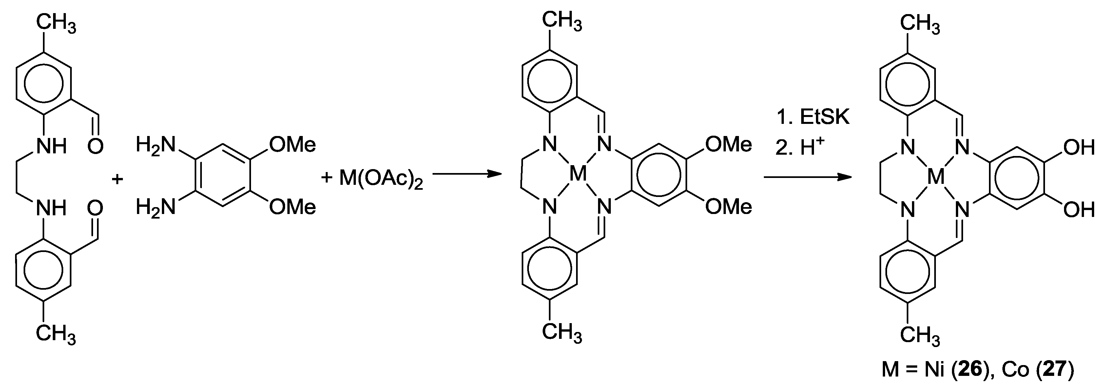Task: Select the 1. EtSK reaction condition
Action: [813, 117]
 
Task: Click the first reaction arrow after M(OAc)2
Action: [466, 174]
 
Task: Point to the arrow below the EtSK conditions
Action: [807, 176]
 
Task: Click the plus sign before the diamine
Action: [117, 179]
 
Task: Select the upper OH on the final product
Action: [1079, 148]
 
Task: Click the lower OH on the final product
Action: [1079, 210]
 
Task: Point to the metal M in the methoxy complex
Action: [578, 175]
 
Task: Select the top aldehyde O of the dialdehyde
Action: [95, 146]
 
